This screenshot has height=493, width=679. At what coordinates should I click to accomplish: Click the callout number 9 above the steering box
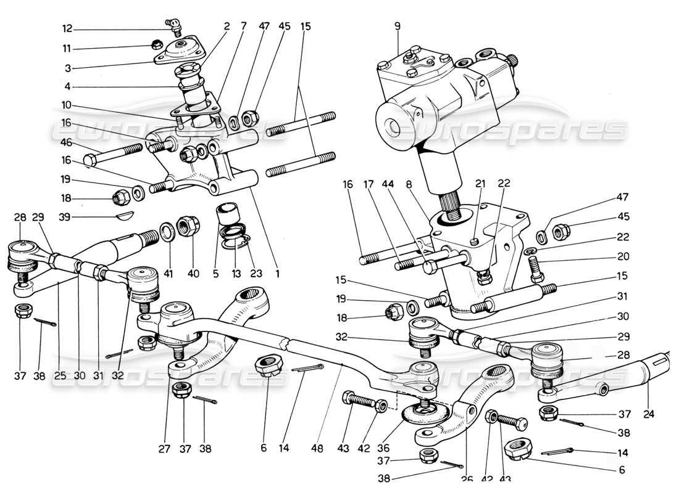398,26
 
